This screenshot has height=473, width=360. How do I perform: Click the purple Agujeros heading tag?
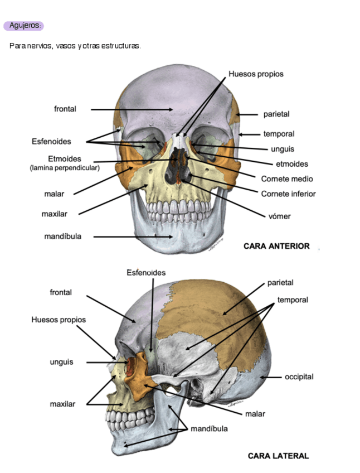coord(23,26)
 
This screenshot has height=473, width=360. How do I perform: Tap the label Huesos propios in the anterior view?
coord(256,74)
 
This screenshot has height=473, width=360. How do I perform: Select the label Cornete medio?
coord(287,179)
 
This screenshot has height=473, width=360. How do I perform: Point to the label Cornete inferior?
coord(288,194)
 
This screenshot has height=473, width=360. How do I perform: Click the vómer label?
coord(279,216)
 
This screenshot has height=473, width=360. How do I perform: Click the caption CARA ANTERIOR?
coord(276,246)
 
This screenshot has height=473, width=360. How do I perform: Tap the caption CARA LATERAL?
coord(278,456)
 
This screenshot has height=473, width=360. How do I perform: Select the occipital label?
coord(299,377)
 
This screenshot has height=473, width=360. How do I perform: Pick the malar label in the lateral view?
coord(255,414)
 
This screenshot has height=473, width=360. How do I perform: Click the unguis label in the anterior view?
coord(283,149)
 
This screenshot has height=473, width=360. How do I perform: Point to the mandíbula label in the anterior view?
coord(62,236)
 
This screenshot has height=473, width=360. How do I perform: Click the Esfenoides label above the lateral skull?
coord(146,273)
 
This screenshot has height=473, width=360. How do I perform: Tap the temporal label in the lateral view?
coord(293,300)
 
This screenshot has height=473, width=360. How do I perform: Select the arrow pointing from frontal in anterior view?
coord(132,109)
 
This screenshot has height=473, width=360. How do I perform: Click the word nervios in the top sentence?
coord(41,45)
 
